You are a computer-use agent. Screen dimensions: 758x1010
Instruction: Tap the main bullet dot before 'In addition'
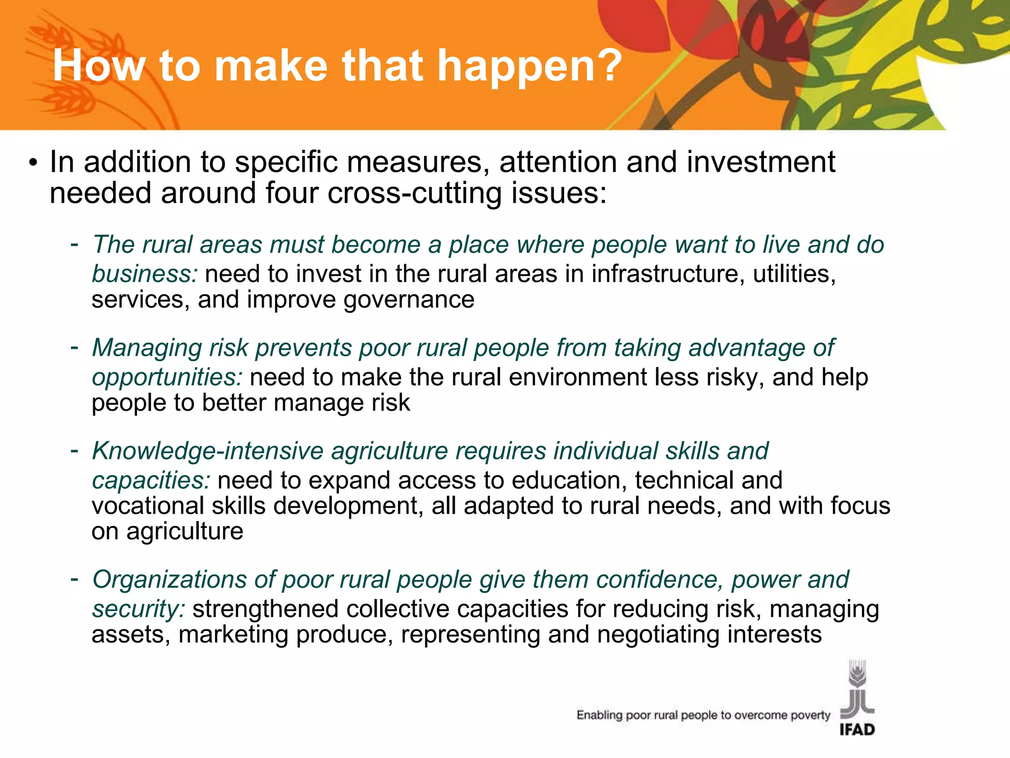(x=33, y=163)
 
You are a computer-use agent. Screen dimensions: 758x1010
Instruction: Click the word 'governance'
(x=409, y=300)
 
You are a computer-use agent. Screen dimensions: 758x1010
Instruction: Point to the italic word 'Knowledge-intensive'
(x=208, y=451)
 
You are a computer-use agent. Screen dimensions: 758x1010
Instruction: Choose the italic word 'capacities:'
(x=151, y=481)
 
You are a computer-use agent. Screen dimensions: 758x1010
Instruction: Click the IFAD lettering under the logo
(x=857, y=729)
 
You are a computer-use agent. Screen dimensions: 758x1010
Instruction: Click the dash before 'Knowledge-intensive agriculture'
(x=74, y=450)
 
